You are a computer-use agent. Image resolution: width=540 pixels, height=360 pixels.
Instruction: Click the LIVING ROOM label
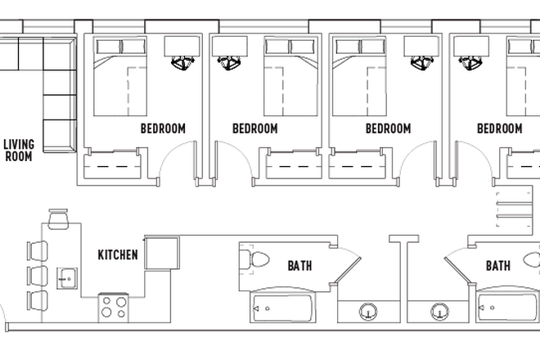18,150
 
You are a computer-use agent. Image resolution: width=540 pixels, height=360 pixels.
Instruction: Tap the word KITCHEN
118,254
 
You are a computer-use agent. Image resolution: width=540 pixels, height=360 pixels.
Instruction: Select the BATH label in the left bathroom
299,265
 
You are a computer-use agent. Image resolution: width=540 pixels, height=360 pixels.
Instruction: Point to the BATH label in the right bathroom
498,265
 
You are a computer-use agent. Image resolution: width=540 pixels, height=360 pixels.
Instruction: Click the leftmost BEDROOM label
163,128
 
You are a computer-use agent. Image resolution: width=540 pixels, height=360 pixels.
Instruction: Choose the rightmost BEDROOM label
499,128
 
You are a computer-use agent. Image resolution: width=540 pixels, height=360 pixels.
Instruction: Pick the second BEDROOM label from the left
254,128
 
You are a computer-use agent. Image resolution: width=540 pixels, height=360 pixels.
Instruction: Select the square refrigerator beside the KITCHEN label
162,253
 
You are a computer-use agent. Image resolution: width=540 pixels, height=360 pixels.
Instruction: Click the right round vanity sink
440,312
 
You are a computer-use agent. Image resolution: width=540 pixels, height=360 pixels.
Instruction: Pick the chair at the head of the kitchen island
58,219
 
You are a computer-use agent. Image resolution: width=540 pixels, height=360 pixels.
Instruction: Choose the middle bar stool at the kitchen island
37,273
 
